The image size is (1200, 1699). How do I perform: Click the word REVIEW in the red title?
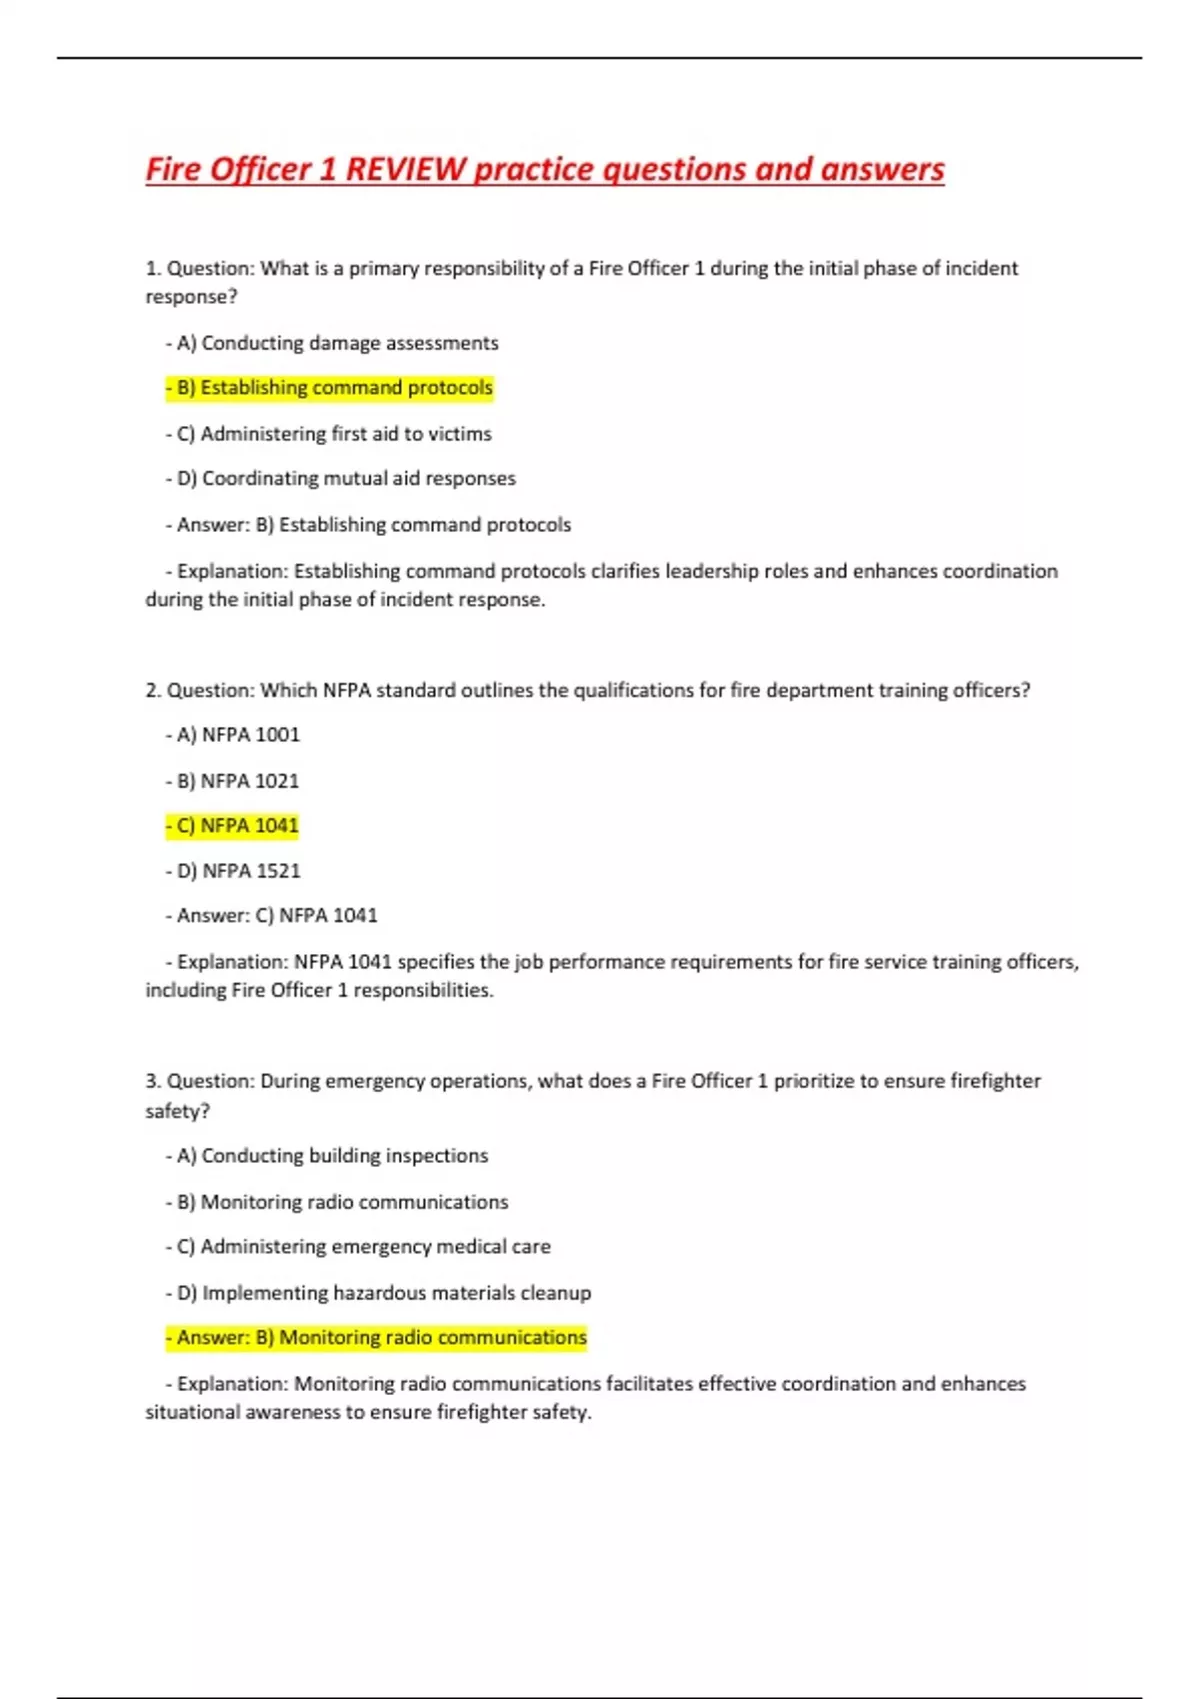pos(405,169)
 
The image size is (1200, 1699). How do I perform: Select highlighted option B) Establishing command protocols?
pos(330,388)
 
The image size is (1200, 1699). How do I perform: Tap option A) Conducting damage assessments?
pos(332,343)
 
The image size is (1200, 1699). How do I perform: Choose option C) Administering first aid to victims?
pos(329,434)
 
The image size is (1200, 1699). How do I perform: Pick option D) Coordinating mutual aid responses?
pos(341,479)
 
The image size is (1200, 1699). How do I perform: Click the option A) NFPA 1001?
pos(233,735)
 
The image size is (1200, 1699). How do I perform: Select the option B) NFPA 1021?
pos(233,781)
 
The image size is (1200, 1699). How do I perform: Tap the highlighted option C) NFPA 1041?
pos(233,826)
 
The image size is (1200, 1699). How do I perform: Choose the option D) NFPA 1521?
pos(233,871)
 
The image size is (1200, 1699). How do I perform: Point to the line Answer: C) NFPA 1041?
pos(272,916)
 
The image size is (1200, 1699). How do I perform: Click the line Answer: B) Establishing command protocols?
pos(369,525)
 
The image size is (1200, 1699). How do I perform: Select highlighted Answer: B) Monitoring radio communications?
pos(377,1338)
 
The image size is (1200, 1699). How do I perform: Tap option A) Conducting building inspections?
pos(327,1156)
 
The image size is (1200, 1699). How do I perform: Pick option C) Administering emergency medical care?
pos(359,1247)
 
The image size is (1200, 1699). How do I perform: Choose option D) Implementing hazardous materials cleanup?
pos(379,1293)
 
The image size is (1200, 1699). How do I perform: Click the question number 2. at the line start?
pos(153,690)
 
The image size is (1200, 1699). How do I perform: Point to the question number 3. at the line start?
pos(153,1081)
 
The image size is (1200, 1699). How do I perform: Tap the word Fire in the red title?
pos(174,169)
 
